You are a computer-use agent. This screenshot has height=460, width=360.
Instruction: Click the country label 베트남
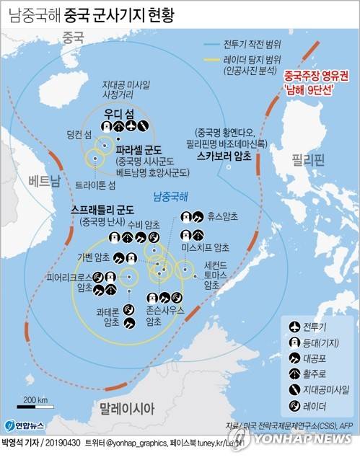coord(38,180)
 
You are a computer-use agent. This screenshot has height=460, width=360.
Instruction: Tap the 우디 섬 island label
coord(118,114)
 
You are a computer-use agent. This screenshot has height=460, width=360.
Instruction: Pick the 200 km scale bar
coord(35,407)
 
